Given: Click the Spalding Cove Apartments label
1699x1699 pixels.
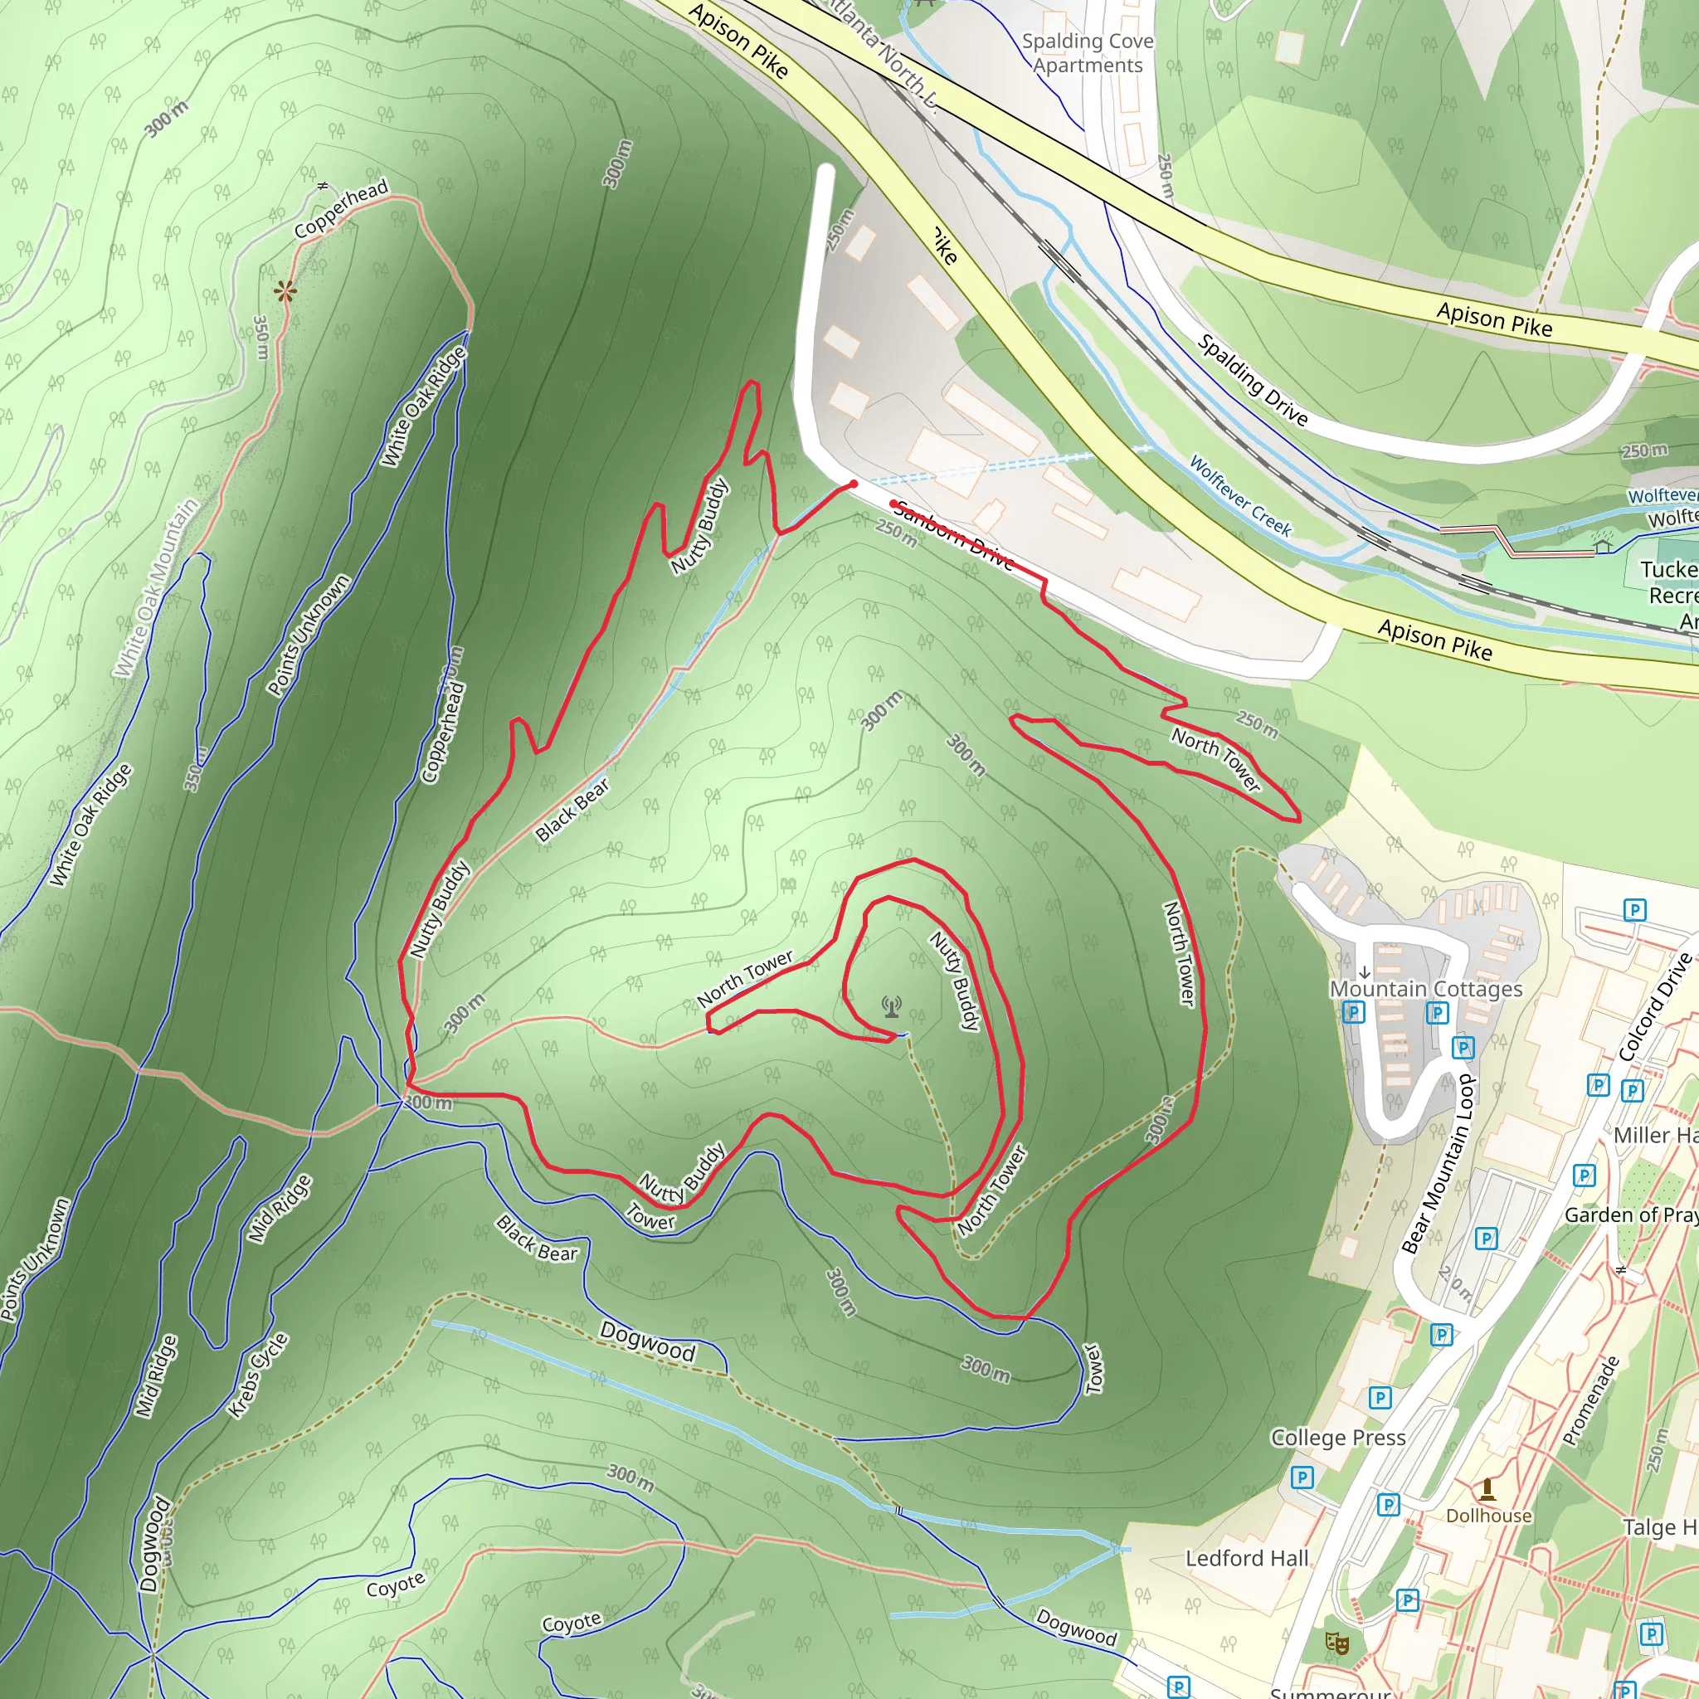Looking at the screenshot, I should (x=1088, y=53).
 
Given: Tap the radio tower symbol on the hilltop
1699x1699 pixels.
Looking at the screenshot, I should (x=892, y=1006).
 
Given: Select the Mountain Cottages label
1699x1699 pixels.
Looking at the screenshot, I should (x=1425, y=990).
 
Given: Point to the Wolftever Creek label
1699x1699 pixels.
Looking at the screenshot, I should (x=1240, y=495).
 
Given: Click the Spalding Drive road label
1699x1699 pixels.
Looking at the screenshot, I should (x=1252, y=379).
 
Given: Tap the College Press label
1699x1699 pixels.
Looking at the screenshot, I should (x=1337, y=1438).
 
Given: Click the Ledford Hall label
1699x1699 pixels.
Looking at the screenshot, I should (x=1247, y=1558).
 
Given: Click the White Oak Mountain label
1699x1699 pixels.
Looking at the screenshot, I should (x=156, y=588).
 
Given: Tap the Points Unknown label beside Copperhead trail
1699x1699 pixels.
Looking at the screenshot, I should (x=309, y=635).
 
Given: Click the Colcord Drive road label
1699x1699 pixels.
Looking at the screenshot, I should (x=1655, y=1007).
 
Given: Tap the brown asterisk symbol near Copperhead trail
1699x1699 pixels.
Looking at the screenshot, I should (x=284, y=292).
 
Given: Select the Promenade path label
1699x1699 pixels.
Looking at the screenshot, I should (x=1591, y=1401).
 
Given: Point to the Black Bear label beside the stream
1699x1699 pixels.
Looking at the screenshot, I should (x=572, y=810).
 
